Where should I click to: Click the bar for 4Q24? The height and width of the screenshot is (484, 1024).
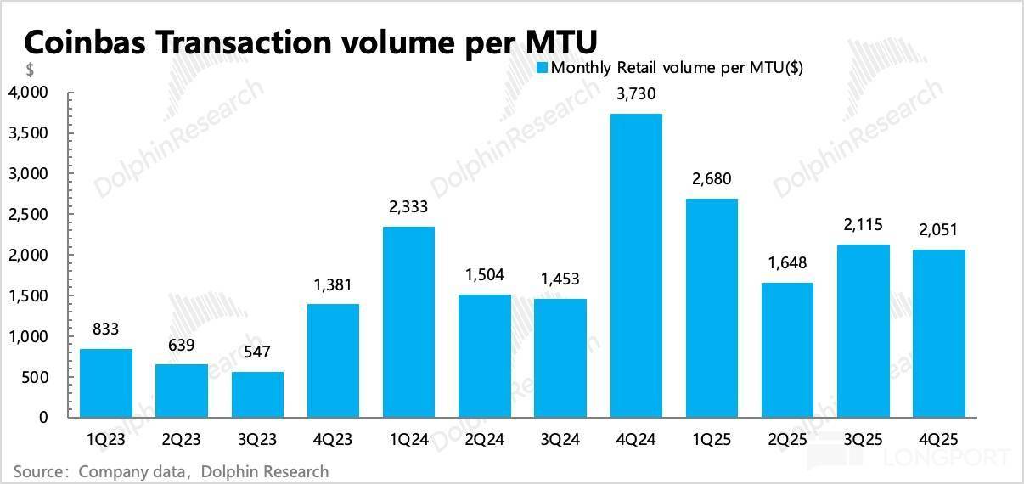tap(636, 266)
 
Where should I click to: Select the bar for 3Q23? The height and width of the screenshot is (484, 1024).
tap(256, 395)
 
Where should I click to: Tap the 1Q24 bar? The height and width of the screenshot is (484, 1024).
tap(408, 322)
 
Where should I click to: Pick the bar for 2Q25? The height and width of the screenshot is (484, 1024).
tap(788, 350)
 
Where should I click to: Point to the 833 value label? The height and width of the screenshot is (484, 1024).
tap(105, 329)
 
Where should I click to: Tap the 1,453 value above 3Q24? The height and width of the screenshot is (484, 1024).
tap(560, 279)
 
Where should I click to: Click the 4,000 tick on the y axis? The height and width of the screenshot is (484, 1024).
tap(29, 92)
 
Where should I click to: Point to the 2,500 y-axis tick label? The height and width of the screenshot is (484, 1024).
tap(29, 214)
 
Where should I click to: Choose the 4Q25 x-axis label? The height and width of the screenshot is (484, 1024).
tap(940, 442)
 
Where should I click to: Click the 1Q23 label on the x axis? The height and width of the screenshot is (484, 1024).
tap(105, 442)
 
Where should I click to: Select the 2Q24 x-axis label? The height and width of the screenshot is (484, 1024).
tap(485, 442)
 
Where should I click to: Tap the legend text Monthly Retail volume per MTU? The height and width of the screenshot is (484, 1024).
tap(677, 67)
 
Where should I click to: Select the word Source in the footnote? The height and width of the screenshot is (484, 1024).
tap(37, 470)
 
